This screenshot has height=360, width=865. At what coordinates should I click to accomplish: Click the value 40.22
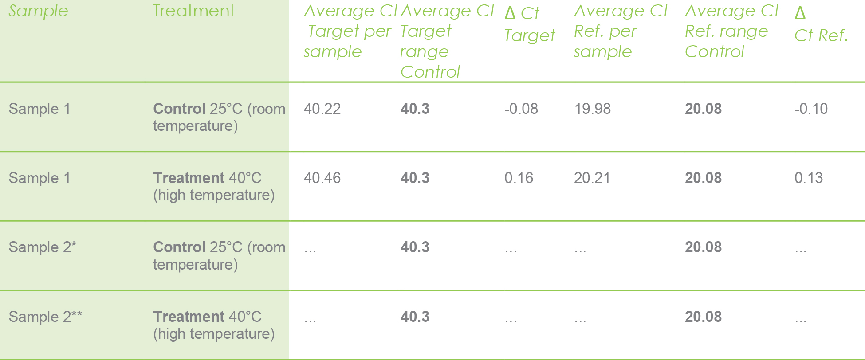click(322, 109)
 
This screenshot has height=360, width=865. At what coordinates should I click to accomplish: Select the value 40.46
click(322, 178)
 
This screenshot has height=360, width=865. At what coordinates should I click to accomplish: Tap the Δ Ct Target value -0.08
click(521, 109)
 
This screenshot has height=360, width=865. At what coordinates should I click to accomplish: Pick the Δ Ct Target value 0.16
click(519, 178)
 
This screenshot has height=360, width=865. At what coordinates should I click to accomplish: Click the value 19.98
click(592, 109)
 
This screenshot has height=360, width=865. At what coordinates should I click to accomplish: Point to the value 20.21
click(592, 178)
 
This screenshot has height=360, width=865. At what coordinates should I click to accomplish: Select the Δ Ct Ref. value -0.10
click(810, 109)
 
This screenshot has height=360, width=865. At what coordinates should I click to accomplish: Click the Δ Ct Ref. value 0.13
click(808, 178)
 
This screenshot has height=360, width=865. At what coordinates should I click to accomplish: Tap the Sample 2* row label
click(43, 247)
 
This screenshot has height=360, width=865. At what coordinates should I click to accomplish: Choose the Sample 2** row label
click(45, 317)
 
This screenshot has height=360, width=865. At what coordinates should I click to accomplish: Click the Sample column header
click(38, 11)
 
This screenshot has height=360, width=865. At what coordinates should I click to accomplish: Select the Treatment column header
click(193, 11)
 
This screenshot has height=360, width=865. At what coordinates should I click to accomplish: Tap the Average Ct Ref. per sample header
click(620, 31)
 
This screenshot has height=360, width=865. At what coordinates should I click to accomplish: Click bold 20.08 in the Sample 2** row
click(703, 317)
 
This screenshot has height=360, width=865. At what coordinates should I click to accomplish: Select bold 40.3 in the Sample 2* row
click(415, 247)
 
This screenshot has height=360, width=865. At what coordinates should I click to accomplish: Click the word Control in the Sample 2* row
click(179, 247)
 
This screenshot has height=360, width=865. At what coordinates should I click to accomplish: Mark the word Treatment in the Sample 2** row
click(189, 317)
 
